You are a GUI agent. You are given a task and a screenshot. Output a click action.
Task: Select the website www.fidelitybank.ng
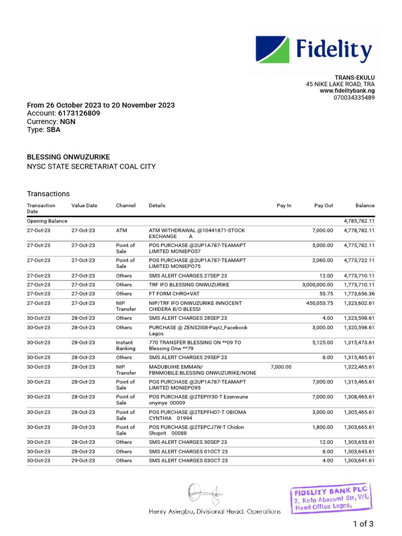(x=347, y=91)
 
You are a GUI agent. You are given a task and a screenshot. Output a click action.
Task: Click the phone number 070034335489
(x=354, y=98)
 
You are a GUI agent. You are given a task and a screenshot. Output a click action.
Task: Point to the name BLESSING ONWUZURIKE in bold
(x=69, y=157)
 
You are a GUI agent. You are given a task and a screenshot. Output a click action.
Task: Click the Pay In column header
(x=284, y=206)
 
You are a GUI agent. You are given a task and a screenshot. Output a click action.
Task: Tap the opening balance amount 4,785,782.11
(x=359, y=221)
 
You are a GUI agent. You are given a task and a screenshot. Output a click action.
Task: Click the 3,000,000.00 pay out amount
(x=317, y=285)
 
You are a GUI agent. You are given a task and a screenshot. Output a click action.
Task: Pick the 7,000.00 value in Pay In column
(x=281, y=367)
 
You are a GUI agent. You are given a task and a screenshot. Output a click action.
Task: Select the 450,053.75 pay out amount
(x=319, y=303)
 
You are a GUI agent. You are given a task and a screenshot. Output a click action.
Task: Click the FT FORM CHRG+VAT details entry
(x=176, y=294)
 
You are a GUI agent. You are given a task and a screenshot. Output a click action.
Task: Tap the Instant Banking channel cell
(x=126, y=345)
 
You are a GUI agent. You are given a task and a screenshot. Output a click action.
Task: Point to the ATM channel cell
(x=121, y=230)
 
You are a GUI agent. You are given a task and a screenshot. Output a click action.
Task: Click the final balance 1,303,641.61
(x=359, y=461)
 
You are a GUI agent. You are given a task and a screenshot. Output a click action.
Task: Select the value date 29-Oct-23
(x=83, y=461)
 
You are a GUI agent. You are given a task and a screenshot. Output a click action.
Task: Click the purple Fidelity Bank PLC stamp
(x=332, y=499)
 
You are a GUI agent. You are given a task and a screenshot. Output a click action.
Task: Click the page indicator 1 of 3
(x=363, y=523)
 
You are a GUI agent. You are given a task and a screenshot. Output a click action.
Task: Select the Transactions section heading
(x=48, y=194)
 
